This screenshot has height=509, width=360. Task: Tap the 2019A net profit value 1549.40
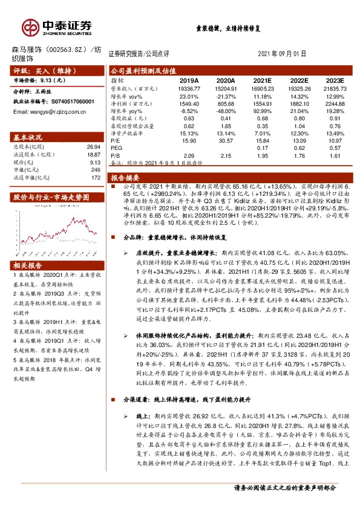189,103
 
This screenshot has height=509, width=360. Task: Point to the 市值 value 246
95,170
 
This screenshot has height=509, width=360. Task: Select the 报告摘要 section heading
125,178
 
